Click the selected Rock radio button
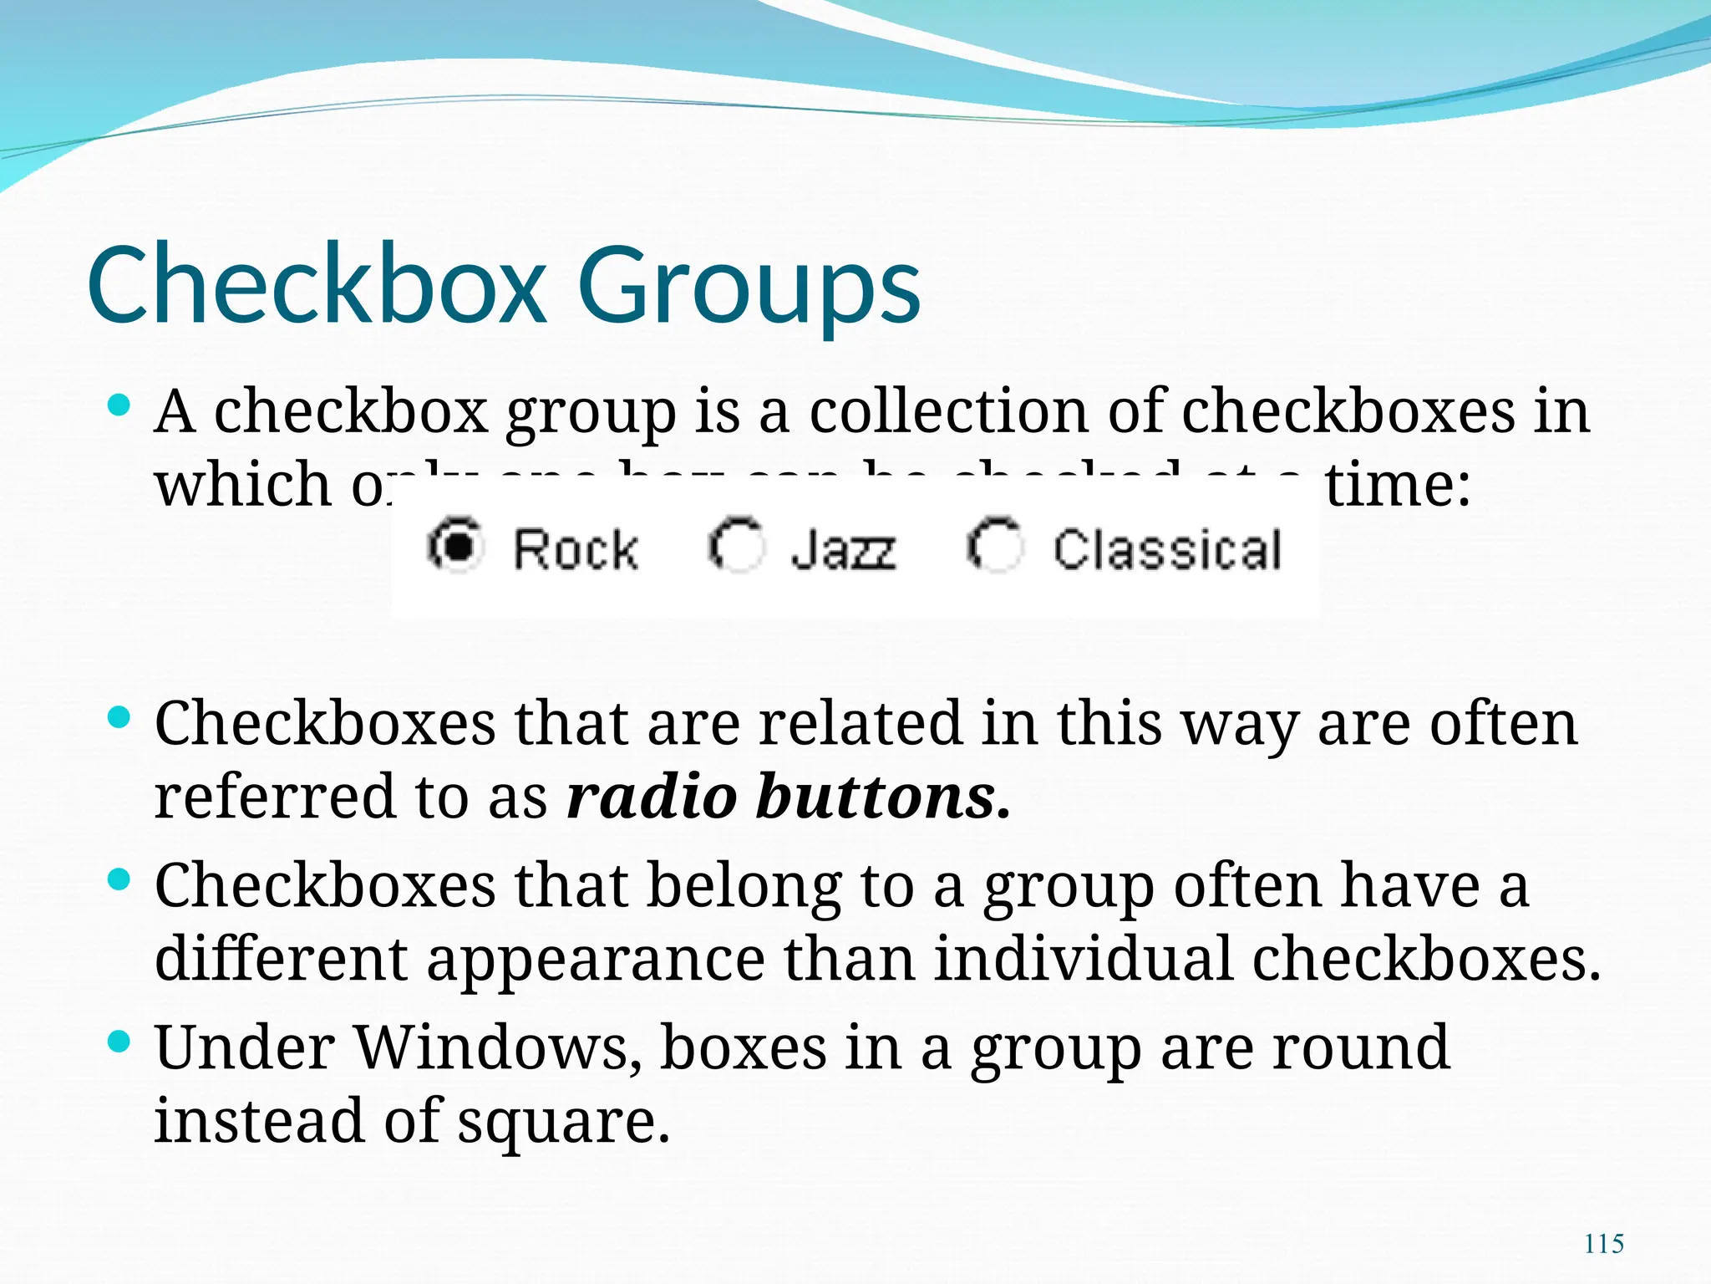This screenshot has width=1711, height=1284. (455, 545)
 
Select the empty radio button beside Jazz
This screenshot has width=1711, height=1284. (736, 545)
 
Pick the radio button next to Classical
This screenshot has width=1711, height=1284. (994, 545)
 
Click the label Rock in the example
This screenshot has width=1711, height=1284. (576, 550)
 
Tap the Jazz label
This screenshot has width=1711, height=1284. (844, 550)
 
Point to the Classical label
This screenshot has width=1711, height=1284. (1167, 550)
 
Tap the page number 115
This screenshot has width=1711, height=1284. (1604, 1244)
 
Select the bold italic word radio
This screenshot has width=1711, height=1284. (652, 796)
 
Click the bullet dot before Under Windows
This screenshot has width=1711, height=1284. (120, 1042)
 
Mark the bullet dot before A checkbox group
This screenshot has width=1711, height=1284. (120, 406)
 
